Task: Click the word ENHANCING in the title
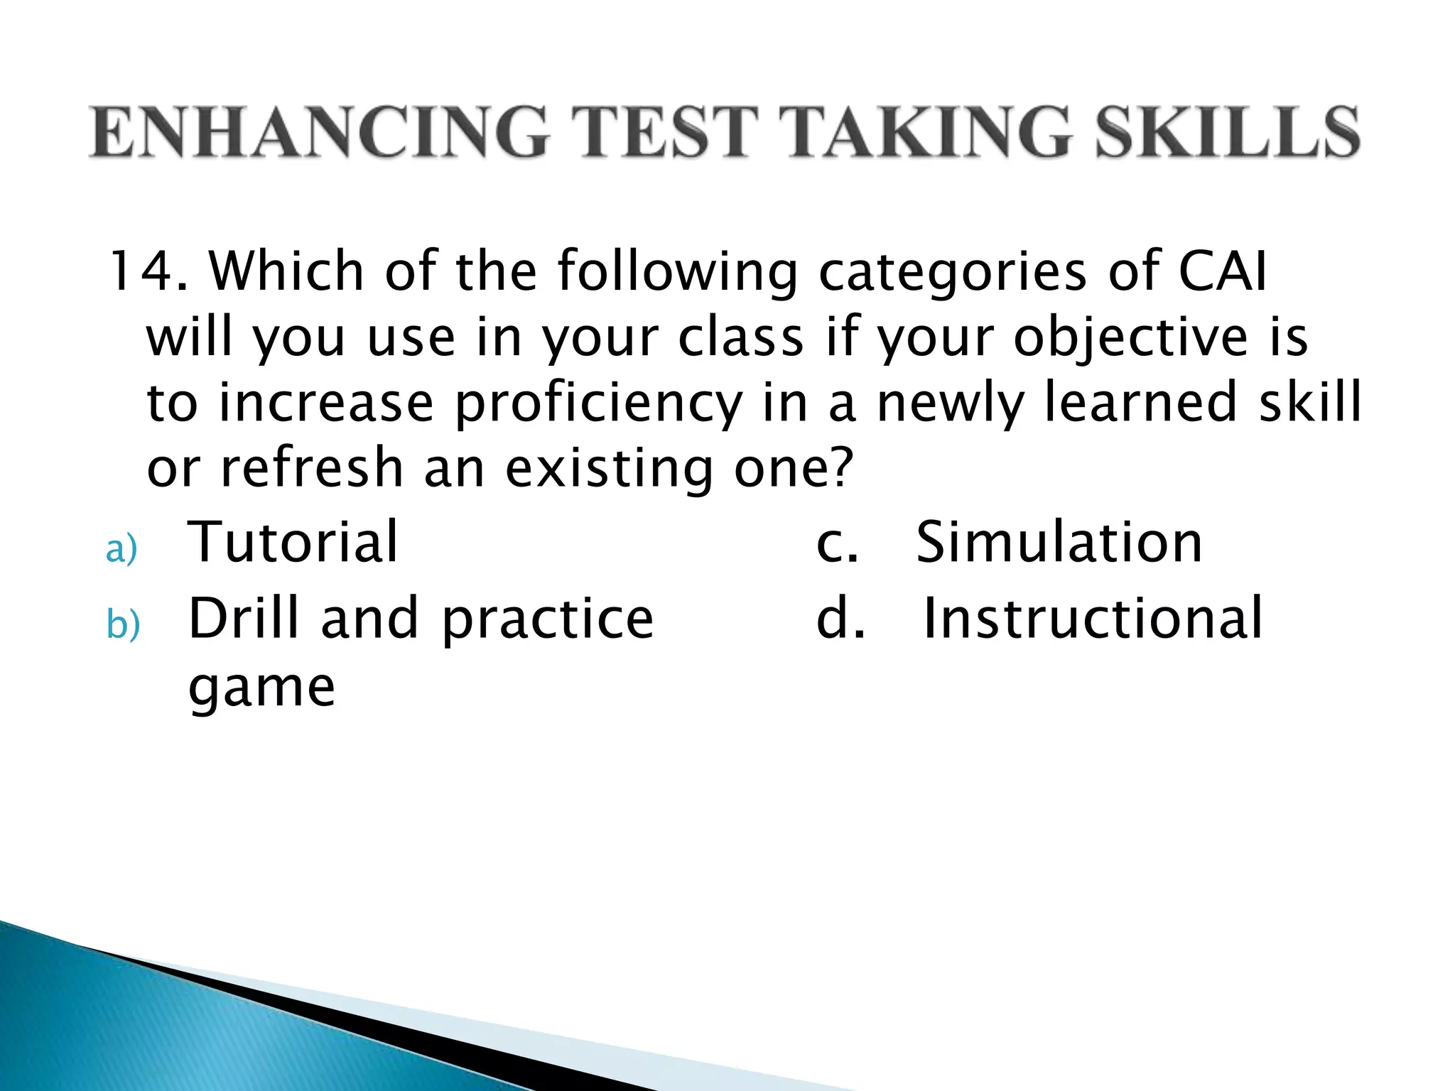pyautogui.click(x=319, y=132)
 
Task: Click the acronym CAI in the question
pyautogui.click(x=1222, y=271)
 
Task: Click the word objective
pyautogui.click(x=1130, y=337)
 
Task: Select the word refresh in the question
pyautogui.click(x=312, y=468)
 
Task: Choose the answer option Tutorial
pyautogui.click(x=293, y=542)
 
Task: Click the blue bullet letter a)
pyautogui.click(x=121, y=550)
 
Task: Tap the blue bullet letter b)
pyautogui.click(x=123, y=625)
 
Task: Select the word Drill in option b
pyautogui.click(x=244, y=618)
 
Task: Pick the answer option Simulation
pyautogui.click(x=1059, y=542)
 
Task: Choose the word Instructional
pyautogui.click(x=1093, y=618)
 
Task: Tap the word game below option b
pyautogui.click(x=261, y=688)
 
